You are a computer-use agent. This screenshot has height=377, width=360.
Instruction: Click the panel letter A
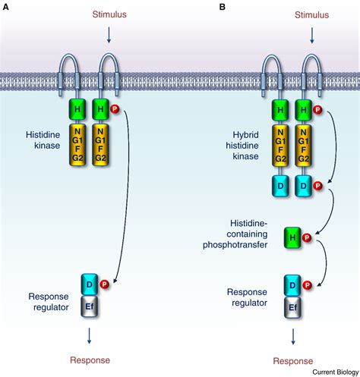click(5, 7)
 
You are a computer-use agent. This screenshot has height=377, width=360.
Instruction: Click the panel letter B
click(223, 7)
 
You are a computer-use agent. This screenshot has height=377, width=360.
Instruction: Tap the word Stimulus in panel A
click(109, 14)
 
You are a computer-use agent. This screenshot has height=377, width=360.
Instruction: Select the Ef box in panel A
click(90, 306)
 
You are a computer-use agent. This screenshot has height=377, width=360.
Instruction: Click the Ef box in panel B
click(292, 307)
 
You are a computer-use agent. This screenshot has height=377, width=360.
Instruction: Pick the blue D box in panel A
click(90, 284)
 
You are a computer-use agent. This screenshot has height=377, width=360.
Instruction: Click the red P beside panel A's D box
click(104, 284)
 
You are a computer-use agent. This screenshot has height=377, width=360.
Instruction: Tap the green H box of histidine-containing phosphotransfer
click(292, 237)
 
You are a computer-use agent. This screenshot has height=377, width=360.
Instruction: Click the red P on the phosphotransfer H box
click(307, 237)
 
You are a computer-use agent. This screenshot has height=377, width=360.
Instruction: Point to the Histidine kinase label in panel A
click(43, 140)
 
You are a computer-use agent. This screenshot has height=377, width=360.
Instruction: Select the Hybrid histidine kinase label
click(242, 146)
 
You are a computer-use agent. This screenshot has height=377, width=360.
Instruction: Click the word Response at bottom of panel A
click(90, 360)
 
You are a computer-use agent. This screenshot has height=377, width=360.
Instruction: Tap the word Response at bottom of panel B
click(293, 361)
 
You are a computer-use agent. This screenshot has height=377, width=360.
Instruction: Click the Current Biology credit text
click(336, 372)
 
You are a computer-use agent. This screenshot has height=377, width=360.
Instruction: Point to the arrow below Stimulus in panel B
click(312, 36)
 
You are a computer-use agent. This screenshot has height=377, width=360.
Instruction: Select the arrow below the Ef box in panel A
click(89, 336)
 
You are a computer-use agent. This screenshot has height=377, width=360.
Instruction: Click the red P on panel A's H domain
click(115, 109)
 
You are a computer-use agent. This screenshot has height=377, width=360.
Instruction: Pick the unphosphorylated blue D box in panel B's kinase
click(280, 187)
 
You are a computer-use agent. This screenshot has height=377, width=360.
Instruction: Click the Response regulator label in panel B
click(247, 297)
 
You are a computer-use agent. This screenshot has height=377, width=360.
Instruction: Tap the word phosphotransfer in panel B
click(235, 245)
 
